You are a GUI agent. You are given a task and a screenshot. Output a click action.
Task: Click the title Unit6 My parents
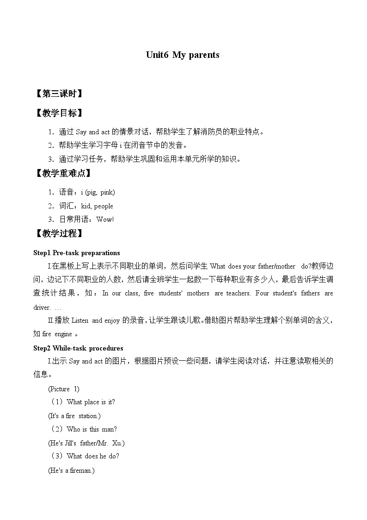pyautogui.click(x=183, y=55)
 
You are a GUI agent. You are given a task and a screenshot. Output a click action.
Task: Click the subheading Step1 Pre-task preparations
pyautogui.click(x=77, y=253)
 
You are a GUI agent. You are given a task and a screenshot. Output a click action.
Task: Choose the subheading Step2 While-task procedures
pyautogui.click(x=79, y=348)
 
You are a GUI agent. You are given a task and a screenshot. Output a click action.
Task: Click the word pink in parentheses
pyautogui.click(x=107, y=192)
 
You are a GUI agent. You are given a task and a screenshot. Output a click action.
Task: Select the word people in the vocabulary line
pyautogui.click(x=104, y=206)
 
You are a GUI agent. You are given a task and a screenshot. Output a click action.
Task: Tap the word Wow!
pyautogui.click(x=105, y=219)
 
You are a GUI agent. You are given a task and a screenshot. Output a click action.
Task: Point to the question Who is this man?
pyautogui.click(x=92, y=429)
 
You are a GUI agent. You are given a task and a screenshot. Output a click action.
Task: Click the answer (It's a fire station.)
pyautogui.click(x=74, y=416)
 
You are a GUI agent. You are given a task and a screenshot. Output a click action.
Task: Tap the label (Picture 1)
pyautogui.click(x=64, y=389)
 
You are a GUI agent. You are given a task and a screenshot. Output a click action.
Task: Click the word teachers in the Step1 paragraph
pyautogui.click(x=238, y=293)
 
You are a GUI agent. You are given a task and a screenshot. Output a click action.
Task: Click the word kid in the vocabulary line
pyautogui.click(x=86, y=206)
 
